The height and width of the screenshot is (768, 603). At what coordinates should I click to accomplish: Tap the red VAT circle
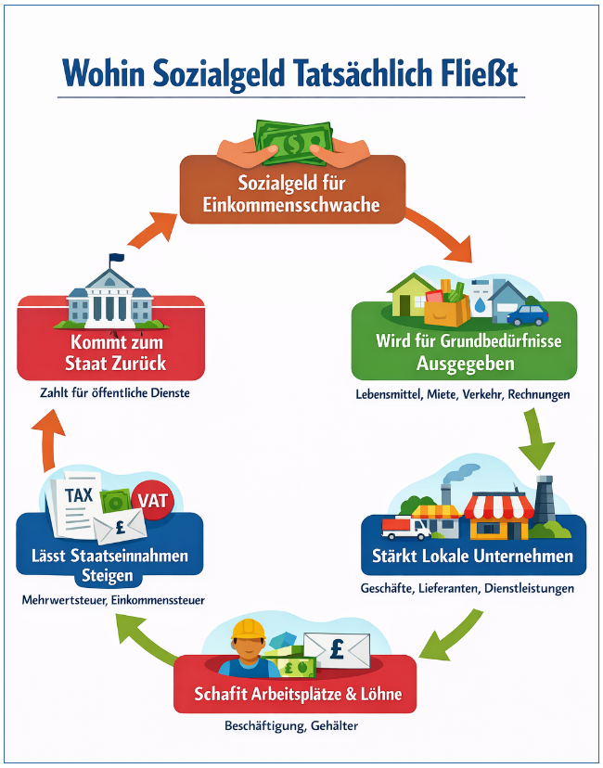click(154, 500)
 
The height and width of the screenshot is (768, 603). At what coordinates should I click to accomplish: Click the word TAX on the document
click(79, 495)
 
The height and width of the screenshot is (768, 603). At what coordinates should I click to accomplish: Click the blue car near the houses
click(526, 314)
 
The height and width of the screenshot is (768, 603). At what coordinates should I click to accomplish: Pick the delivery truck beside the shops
click(405, 528)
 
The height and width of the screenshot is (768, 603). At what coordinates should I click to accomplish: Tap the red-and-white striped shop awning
click(499, 506)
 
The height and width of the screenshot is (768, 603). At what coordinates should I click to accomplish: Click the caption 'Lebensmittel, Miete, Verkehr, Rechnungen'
click(462, 394)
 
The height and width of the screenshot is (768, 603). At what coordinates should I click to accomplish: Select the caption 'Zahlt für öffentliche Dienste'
click(115, 392)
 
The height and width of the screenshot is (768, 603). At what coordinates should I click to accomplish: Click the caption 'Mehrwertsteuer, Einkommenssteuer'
click(113, 600)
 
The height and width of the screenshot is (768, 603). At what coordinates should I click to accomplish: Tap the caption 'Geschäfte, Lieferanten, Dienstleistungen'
click(468, 588)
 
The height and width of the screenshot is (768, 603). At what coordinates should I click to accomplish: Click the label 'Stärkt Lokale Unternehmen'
click(473, 557)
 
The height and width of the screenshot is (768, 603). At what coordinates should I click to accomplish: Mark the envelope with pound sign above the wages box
click(337, 647)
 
